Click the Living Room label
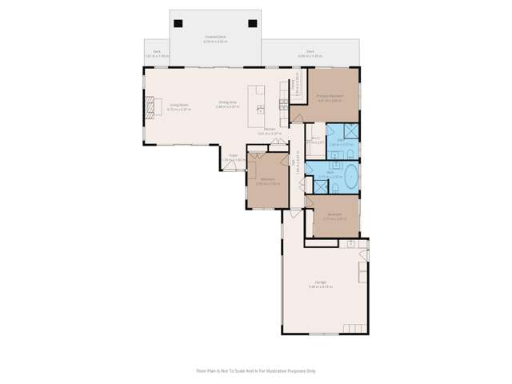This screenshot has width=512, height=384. click(178, 105)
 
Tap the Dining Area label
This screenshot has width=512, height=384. click(227, 102)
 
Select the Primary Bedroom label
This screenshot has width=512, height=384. click(329, 97)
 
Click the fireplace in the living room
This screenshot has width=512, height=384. click(148, 106)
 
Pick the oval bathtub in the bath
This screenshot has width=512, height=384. click(349, 178)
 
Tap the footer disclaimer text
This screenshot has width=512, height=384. click(256, 370)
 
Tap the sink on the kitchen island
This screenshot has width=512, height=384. click(261, 109)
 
